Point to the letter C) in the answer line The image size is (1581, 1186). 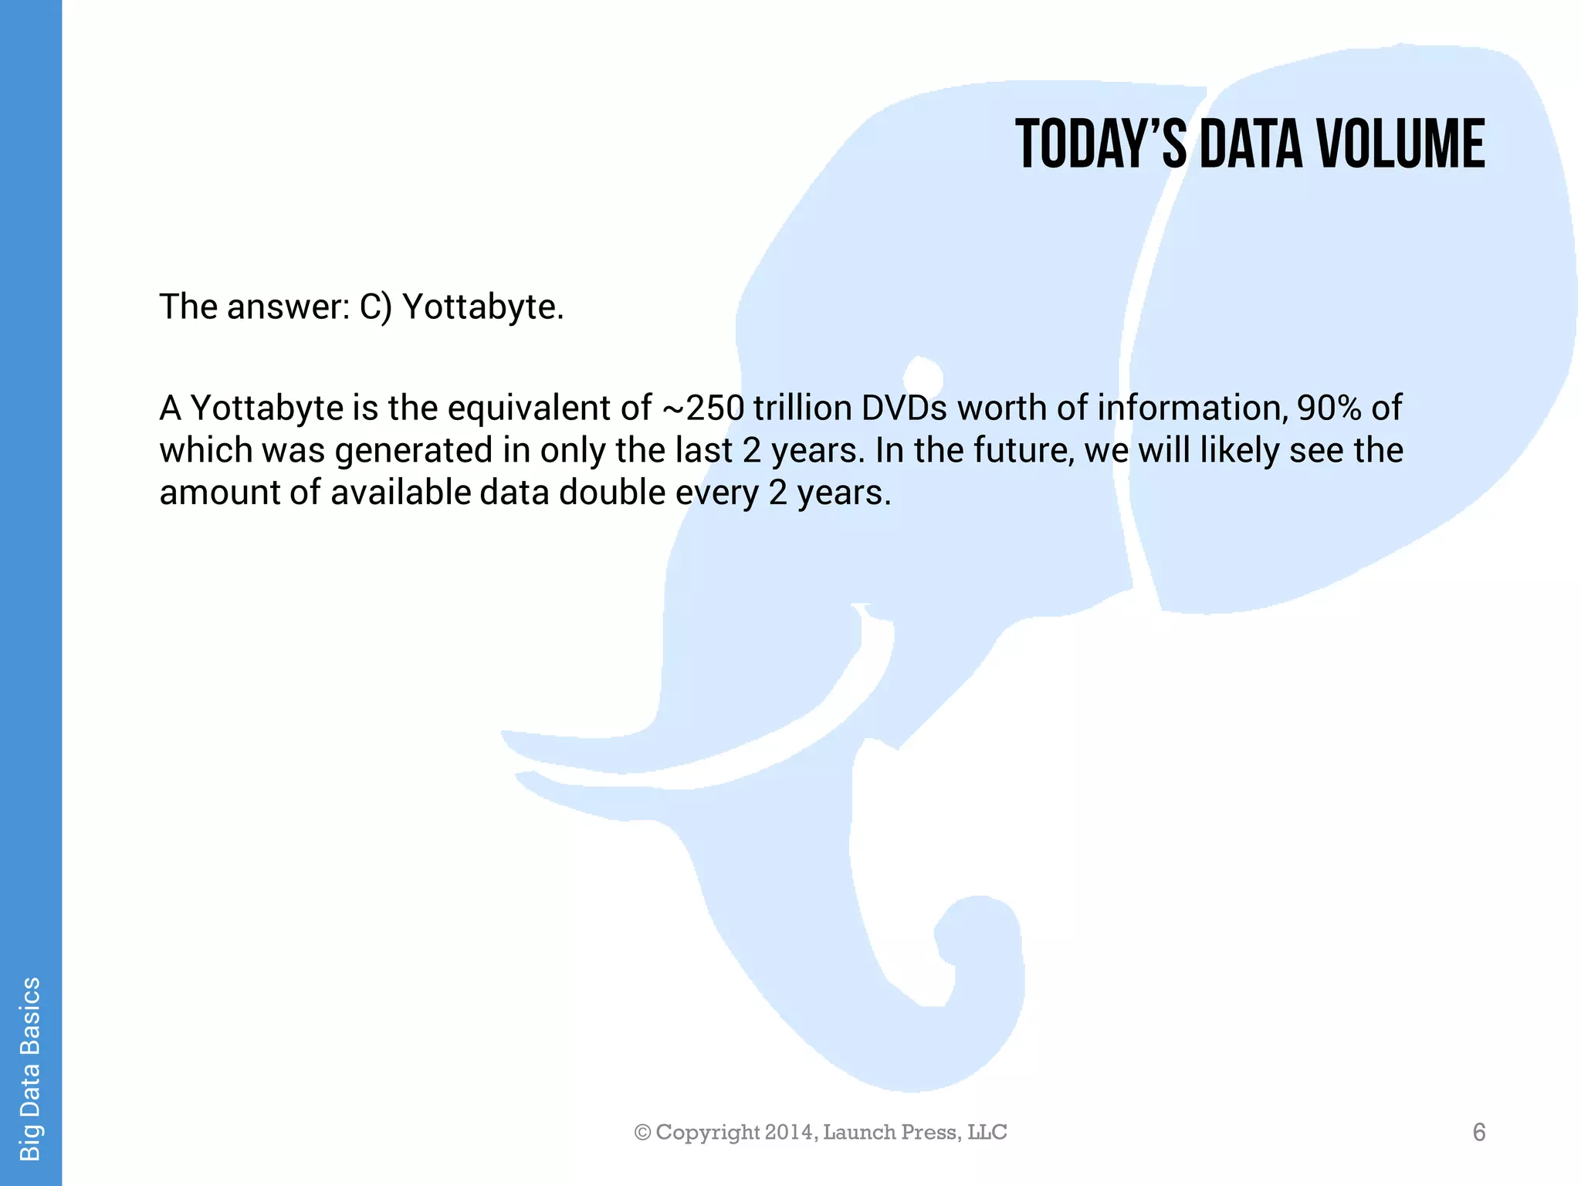(376, 307)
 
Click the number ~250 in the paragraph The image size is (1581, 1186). (702, 408)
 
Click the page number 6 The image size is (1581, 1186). (1479, 1132)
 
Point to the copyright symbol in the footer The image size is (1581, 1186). (642, 1132)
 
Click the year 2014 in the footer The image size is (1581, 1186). (788, 1132)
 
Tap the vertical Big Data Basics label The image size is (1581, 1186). (30, 1069)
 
